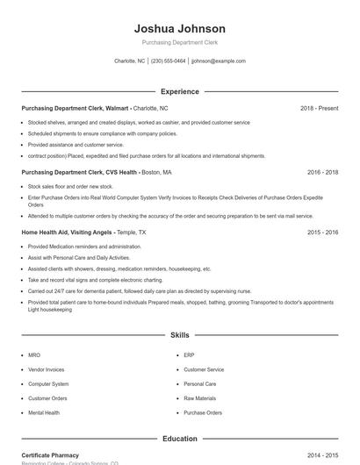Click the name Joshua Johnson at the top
pyautogui.click(x=180, y=29)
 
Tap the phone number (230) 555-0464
pyautogui.click(x=169, y=61)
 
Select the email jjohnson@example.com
pyautogui.click(x=219, y=61)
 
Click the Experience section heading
pyautogui.click(x=180, y=91)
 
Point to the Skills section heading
pyautogui.click(x=180, y=335)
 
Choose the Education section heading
pyautogui.click(x=180, y=438)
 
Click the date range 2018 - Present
pyautogui.click(x=319, y=108)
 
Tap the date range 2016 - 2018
pyautogui.click(x=322, y=172)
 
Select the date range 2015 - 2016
pyautogui.click(x=322, y=232)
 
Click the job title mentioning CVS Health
pyautogui.click(x=79, y=172)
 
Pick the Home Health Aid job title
pyautogui.click(x=79, y=232)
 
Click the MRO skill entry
pyautogui.click(x=34, y=355)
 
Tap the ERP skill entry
pyautogui.click(x=189, y=355)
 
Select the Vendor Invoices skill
pyautogui.click(x=46, y=369)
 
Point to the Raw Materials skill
pyautogui.click(x=199, y=398)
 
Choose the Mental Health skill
pyautogui.click(x=44, y=412)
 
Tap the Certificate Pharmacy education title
pyautogui.click(x=50, y=455)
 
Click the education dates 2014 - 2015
pyautogui.click(x=322, y=455)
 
